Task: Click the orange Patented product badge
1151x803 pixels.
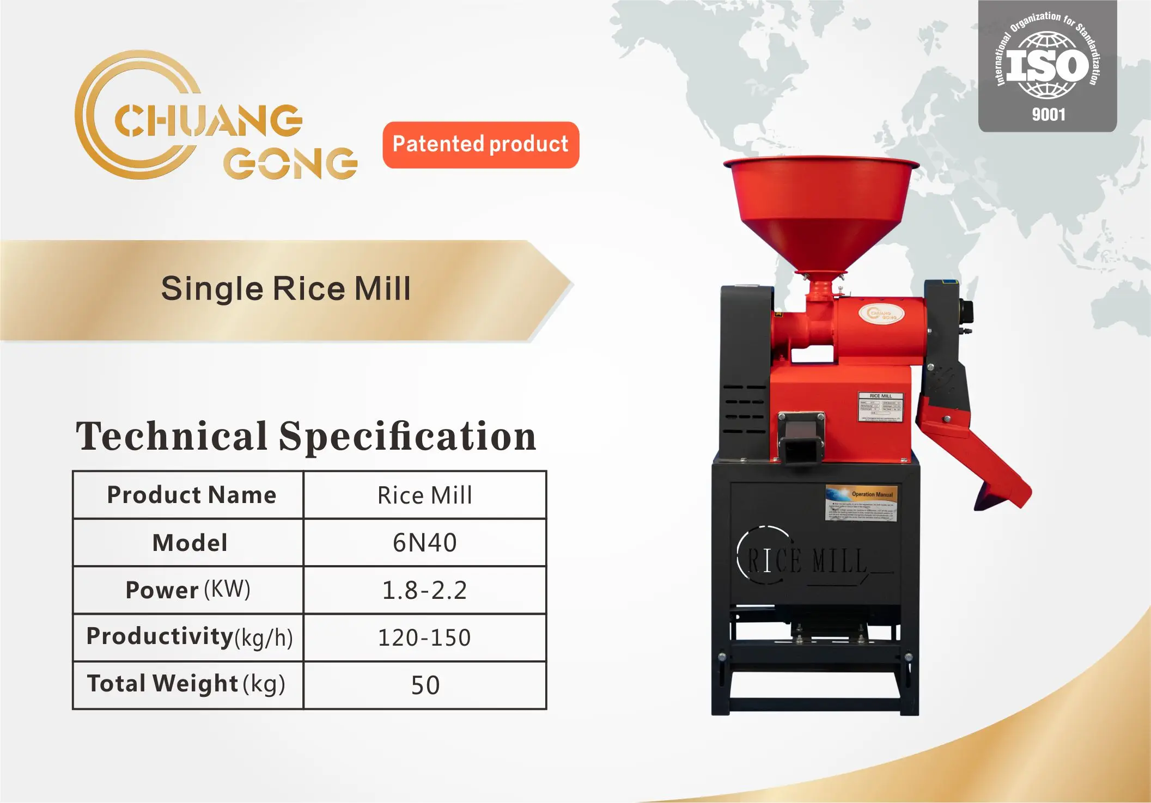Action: (480, 145)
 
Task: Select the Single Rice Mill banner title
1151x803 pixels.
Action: (285, 289)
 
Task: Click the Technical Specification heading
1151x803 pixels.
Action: (306, 437)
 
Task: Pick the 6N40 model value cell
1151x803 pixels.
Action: (425, 543)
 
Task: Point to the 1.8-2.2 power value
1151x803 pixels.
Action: (425, 590)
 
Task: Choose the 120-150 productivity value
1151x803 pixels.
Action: (425, 638)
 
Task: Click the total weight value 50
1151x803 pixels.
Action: (425, 685)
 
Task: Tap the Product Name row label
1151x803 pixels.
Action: (191, 495)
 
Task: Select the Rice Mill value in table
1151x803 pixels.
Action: (425, 495)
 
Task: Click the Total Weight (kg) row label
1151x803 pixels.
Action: (186, 684)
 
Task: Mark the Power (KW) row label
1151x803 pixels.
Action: (188, 590)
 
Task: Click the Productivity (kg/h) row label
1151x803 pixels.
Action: (190, 637)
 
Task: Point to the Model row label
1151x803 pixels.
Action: (190, 543)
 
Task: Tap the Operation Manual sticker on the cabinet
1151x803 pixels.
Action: (861, 503)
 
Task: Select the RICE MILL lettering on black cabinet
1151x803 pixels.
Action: (806, 561)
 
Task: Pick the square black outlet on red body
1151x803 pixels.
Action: (800, 444)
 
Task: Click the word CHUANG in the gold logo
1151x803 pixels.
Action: (208, 121)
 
